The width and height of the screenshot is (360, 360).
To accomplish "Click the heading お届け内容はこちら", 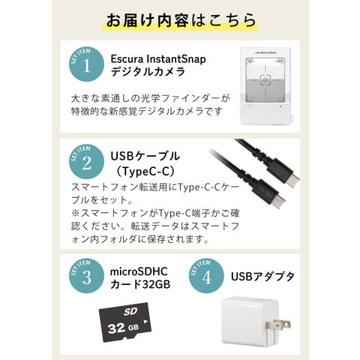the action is click(x=181, y=20).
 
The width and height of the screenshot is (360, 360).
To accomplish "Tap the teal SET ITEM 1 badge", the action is click(x=86, y=64).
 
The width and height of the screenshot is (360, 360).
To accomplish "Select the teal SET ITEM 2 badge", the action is click(x=86, y=161).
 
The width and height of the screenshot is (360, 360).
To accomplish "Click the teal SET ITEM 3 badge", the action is click(x=86, y=276).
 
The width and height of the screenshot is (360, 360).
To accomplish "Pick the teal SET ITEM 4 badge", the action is click(x=206, y=276).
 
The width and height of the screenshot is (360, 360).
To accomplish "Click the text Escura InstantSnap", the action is click(x=158, y=59).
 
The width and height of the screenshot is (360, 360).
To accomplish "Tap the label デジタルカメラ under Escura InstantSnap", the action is click(x=148, y=72).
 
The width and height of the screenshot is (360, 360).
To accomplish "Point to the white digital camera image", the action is click(x=265, y=85).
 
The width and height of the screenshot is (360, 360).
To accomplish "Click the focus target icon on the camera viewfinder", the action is click(x=265, y=79).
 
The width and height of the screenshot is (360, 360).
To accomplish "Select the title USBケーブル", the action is click(x=145, y=156).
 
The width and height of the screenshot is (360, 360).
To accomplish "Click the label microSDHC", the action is click(x=139, y=271).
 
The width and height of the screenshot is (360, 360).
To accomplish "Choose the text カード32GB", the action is click(x=140, y=284).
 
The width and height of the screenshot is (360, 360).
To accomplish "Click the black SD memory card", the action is click(x=125, y=322).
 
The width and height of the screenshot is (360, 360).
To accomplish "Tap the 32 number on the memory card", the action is click(x=116, y=328).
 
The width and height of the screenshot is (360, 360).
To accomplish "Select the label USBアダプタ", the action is click(x=262, y=277).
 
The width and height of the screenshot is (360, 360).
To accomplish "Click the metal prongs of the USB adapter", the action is click(x=278, y=325).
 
